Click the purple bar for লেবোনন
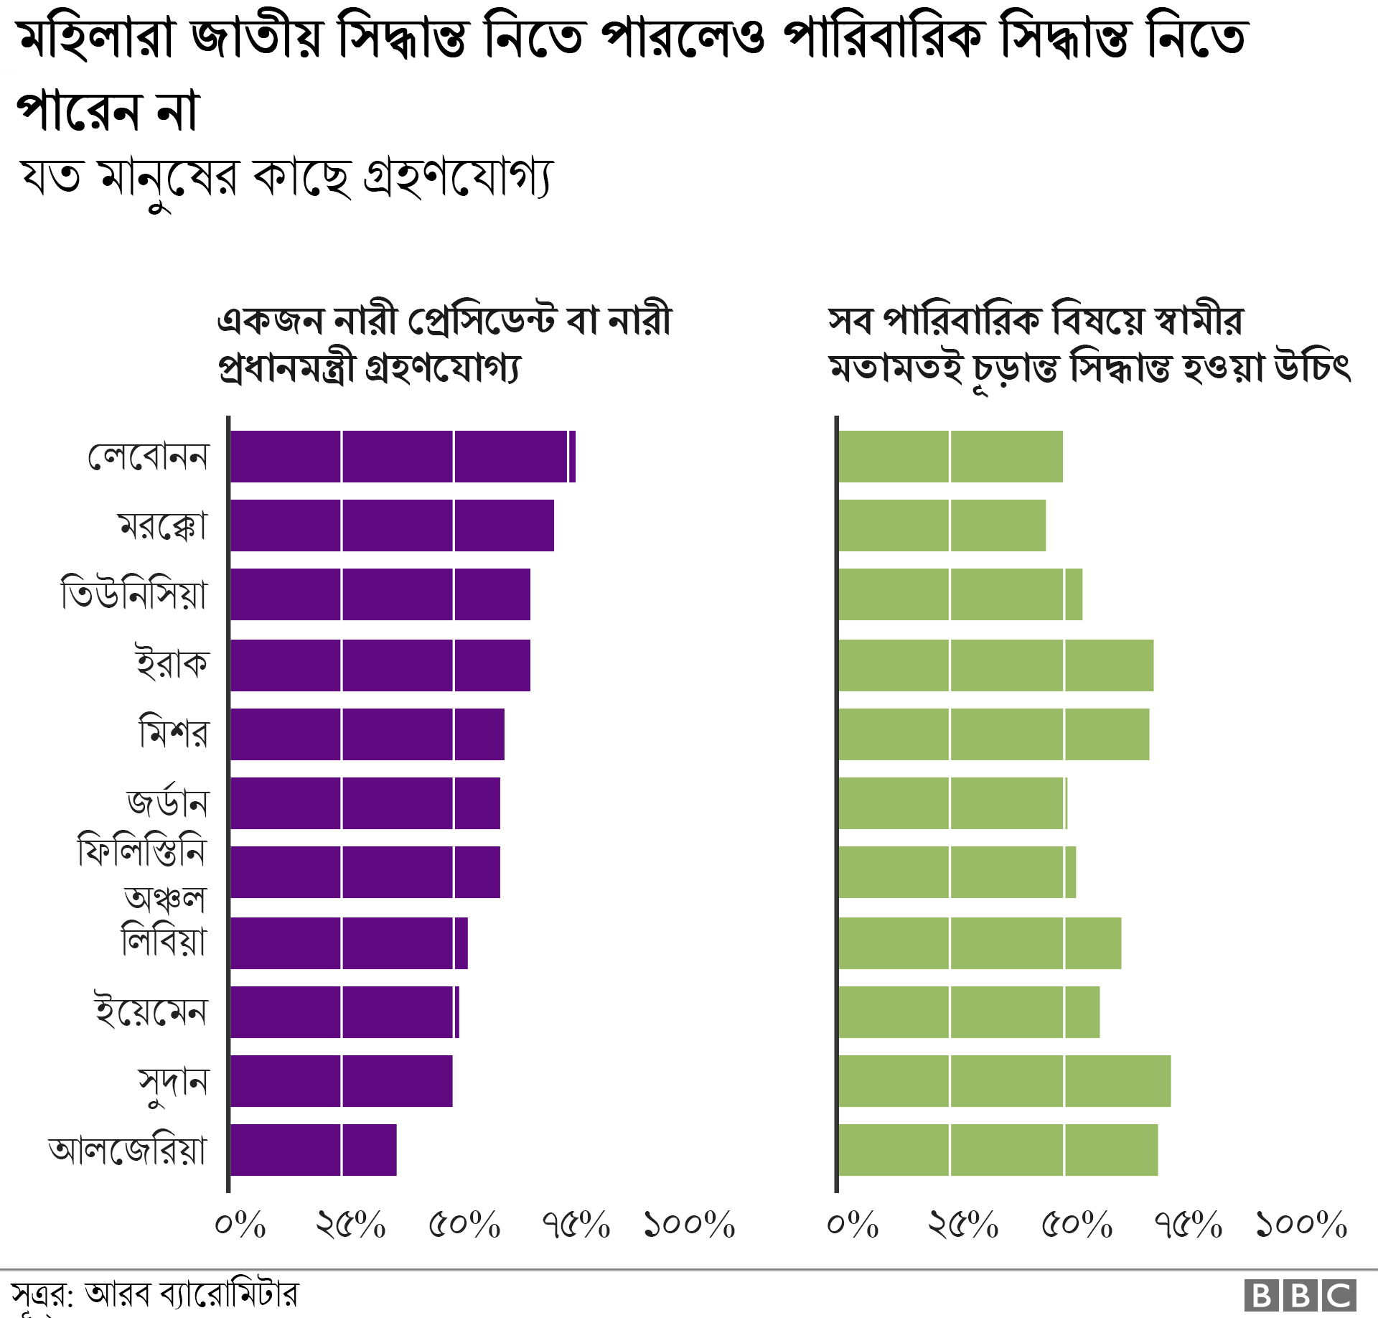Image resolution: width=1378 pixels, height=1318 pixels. click(x=402, y=457)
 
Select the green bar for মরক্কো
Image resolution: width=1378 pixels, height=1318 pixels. click(x=942, y=525)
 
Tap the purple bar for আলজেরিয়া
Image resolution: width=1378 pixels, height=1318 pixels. click(x=313, y=1150)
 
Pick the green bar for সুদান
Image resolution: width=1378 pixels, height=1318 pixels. click(x=1004, y=1081)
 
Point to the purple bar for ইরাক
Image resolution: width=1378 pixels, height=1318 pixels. click(x=380, y=665)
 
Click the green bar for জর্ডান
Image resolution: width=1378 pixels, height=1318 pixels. click(x=952, y=803)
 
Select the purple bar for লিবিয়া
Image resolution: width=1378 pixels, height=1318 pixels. click(x=349, y=943)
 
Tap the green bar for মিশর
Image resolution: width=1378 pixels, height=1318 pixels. click(x=993, y=734)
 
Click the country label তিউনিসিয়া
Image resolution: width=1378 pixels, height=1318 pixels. click(x=134, y=594)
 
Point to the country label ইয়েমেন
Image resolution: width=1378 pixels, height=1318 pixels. click(x=151, y=1012)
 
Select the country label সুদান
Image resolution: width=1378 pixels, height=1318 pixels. click(x=173, y=1083)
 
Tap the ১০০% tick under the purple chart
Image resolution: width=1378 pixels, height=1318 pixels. click(x=690, y=1225)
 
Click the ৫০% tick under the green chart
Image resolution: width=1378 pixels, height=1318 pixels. click(x=1077, y=1225)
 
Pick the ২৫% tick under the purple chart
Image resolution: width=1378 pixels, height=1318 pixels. click(x=351, y=1225)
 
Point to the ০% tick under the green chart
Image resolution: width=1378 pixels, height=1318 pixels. click(x=853, y=1225)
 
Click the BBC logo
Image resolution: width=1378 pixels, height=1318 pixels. click(x=1300, y=1296)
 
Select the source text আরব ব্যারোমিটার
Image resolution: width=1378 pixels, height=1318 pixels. click(x=191, y=1295)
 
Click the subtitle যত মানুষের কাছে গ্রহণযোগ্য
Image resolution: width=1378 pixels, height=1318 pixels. click(x=287, y=178)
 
